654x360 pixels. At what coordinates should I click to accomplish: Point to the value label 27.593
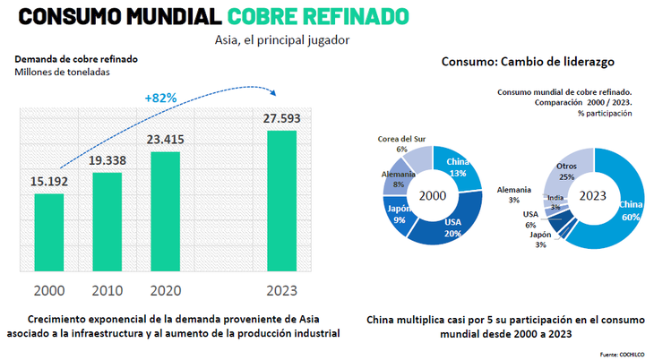pos(281,120)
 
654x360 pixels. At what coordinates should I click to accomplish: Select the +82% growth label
pos(162,96)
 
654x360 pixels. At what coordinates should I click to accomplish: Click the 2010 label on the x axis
pos(107,290)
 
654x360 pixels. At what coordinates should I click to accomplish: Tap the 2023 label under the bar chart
pos(281,290)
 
